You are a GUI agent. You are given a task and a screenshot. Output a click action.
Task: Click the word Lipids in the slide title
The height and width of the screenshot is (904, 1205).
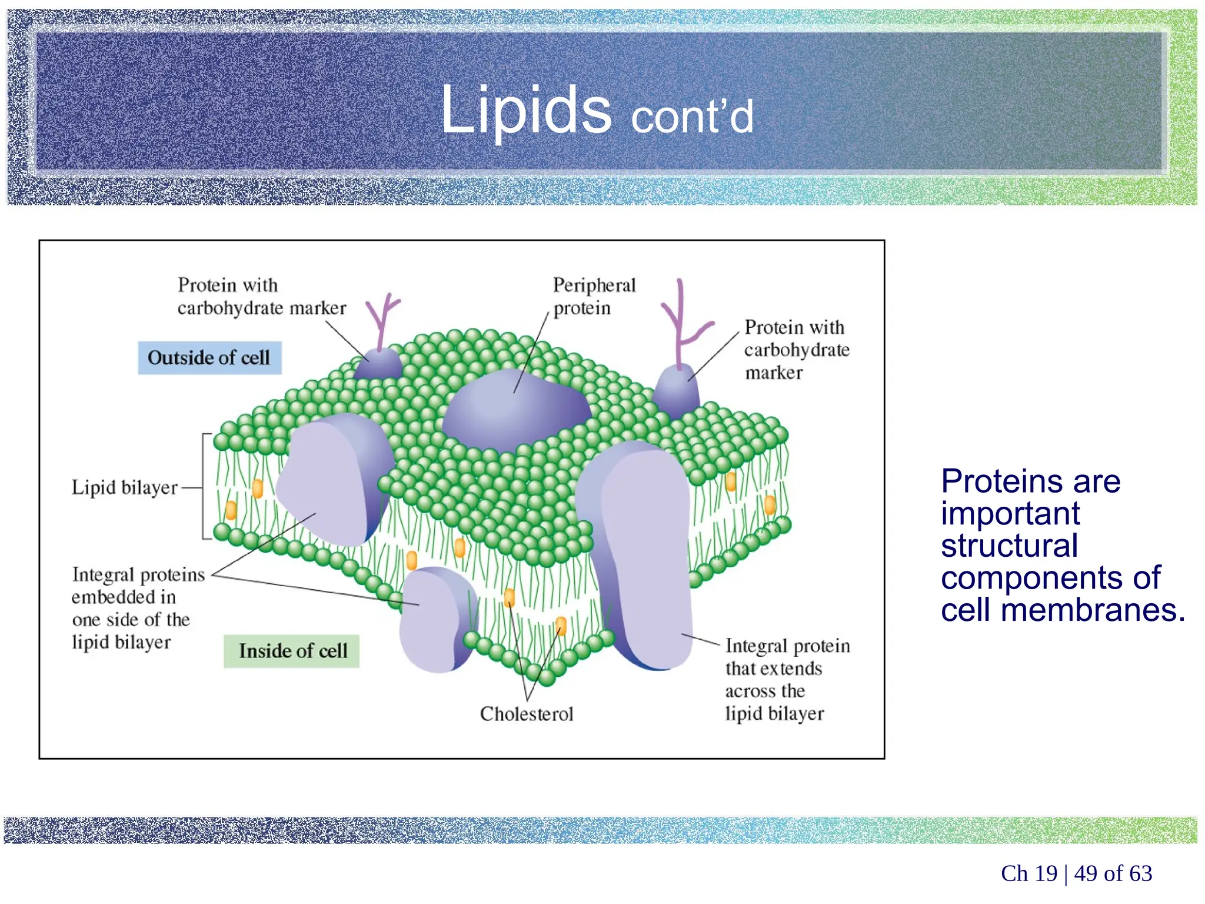(x=525, y=110)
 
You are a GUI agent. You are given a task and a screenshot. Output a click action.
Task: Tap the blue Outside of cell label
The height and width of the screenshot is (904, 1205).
(x=209, y=358)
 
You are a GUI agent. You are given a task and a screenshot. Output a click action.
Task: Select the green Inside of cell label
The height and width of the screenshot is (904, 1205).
(x=292, y=651)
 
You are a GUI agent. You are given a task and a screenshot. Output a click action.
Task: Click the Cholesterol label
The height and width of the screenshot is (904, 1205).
(x=526, y=714)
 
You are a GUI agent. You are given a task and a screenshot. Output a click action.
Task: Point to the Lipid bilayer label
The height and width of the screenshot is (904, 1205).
(x=124, y=487)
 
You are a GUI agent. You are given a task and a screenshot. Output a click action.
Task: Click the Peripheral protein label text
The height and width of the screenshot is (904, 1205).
(x=593, y=296)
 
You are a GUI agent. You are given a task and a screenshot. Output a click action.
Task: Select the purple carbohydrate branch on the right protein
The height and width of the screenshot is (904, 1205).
(x=683, y=324)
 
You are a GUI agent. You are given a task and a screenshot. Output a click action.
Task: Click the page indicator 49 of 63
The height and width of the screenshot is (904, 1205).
(x=1113, y=873)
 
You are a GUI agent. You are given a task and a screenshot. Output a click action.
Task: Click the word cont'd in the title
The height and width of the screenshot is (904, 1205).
(x=691, y=117)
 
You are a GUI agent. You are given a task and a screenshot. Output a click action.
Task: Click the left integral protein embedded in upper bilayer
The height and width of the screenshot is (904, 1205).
(x=329, y=480)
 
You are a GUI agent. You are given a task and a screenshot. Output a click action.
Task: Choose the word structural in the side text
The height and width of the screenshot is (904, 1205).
(x=1009, y=546)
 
